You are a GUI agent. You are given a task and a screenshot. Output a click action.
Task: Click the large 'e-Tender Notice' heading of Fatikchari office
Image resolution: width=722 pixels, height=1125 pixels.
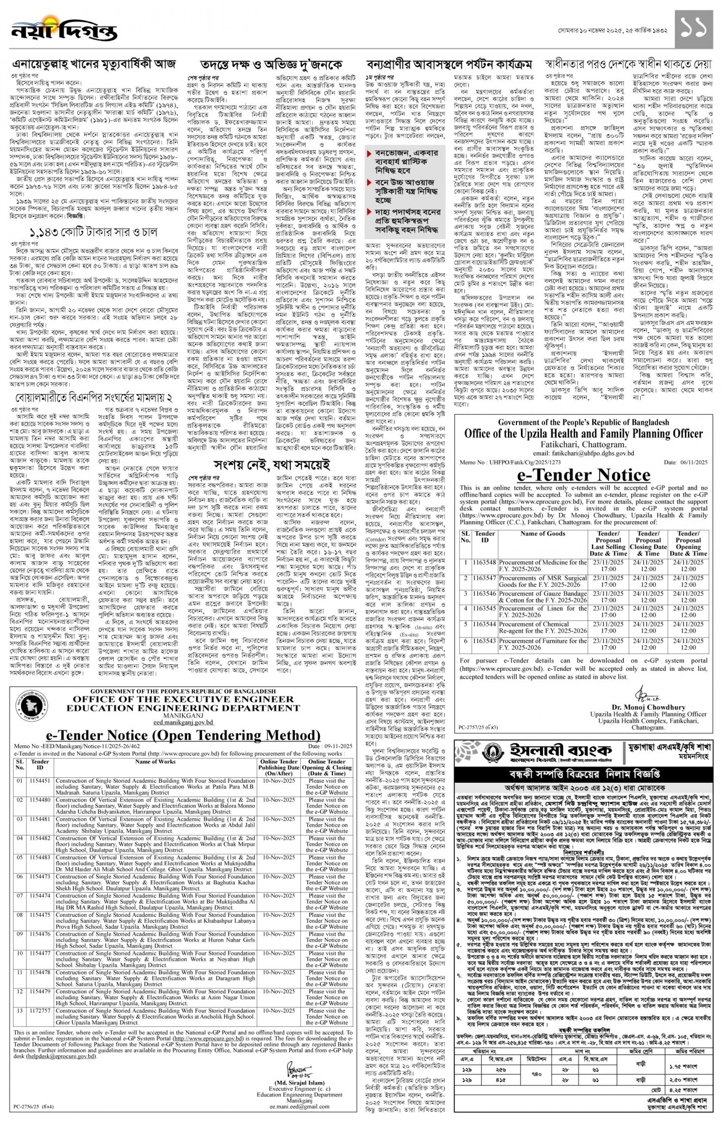point(584,475)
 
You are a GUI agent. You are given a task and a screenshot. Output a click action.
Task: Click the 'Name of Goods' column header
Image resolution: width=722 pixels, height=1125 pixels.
point(542,534)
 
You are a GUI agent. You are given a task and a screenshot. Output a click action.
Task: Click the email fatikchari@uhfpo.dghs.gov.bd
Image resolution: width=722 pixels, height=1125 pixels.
point(584,453)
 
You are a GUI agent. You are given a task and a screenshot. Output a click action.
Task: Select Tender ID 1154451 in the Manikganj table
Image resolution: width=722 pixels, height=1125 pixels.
point(40,781)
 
